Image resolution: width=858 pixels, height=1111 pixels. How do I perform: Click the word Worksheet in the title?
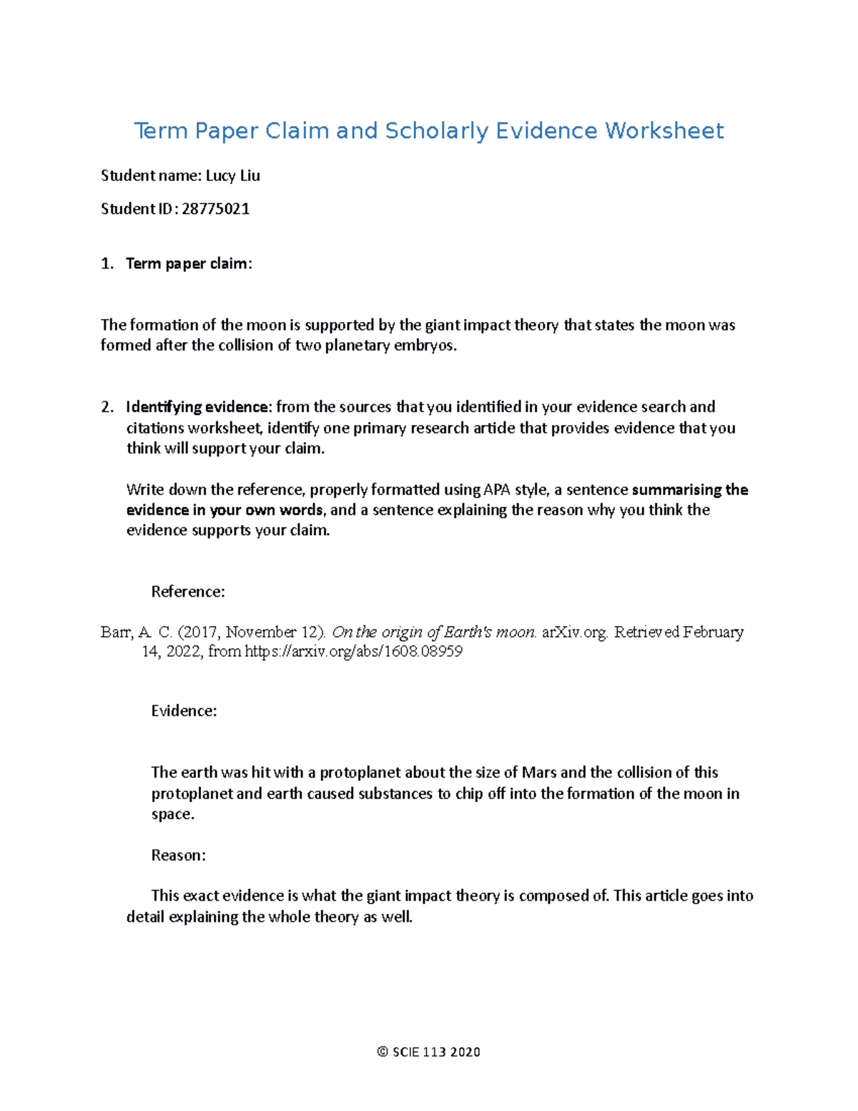click(664, 131)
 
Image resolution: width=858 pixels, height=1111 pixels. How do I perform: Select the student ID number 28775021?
click(215, 209)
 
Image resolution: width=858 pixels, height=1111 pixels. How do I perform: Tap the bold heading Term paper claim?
click(188, 264)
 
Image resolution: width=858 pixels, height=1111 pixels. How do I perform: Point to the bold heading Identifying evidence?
click(198, 407)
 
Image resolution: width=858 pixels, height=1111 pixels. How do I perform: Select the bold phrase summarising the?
click(689, 490)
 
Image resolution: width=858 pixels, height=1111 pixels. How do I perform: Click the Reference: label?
click(188, 592)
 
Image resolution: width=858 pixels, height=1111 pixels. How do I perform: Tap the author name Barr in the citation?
click(116, 632)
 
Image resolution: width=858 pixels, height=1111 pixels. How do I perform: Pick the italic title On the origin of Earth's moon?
click(434, 632)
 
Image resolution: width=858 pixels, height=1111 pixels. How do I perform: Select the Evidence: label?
click(184, 711)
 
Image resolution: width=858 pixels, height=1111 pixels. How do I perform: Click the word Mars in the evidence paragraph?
click(539, 773)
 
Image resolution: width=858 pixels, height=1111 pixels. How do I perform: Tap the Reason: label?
click(178, 856)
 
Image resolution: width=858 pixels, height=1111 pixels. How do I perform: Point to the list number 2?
click(107, 407)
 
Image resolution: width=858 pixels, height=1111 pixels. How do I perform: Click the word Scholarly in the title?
click(437, 131)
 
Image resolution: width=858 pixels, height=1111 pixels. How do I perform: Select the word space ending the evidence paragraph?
click(172, 814)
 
